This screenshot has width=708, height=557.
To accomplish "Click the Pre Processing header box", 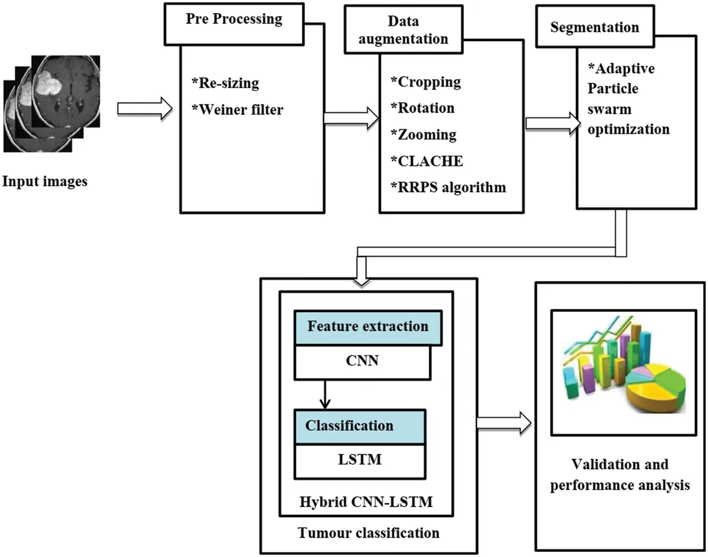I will pos(234,24).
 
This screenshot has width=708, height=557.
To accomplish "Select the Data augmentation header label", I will pos(403,30).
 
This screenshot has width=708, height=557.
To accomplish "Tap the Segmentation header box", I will pos(595,27).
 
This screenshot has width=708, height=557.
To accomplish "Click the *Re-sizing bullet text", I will pos(225,83).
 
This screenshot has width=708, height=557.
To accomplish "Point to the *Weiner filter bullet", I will pos(237,110).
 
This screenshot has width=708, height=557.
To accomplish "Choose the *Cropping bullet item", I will pos(426,82).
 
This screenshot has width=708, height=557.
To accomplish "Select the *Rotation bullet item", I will pos(423,108).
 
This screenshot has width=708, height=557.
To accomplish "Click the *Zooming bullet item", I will pos(424,135).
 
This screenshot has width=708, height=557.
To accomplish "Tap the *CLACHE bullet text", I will pos(427,161).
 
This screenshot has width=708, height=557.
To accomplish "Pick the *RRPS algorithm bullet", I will pos(448,187).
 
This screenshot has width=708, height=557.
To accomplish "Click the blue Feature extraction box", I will pos(368,327).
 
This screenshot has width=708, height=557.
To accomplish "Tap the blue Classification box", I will pos(359,426).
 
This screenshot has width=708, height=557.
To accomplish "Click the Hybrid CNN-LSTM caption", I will pos(366,502).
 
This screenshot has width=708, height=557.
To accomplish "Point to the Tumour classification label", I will pos(369,533).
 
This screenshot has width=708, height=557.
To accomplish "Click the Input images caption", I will pos(45,182).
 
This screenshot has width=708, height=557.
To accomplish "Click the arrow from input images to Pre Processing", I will pos(145,108).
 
